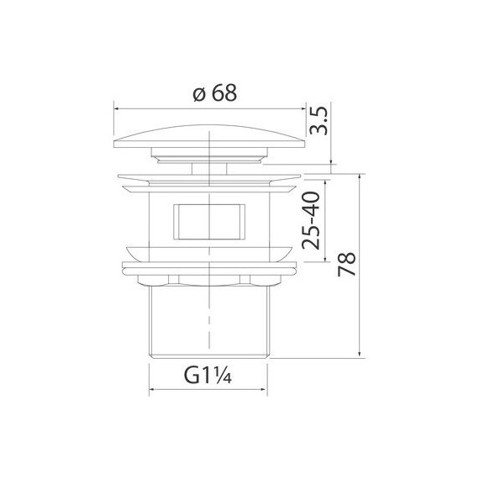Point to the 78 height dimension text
(x=346, y=264)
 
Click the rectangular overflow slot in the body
(x=209, y=221)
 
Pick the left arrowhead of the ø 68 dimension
(x=117, y=108)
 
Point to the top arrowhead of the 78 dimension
(x=361, y=177)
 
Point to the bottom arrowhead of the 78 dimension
(x=361, y=354)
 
